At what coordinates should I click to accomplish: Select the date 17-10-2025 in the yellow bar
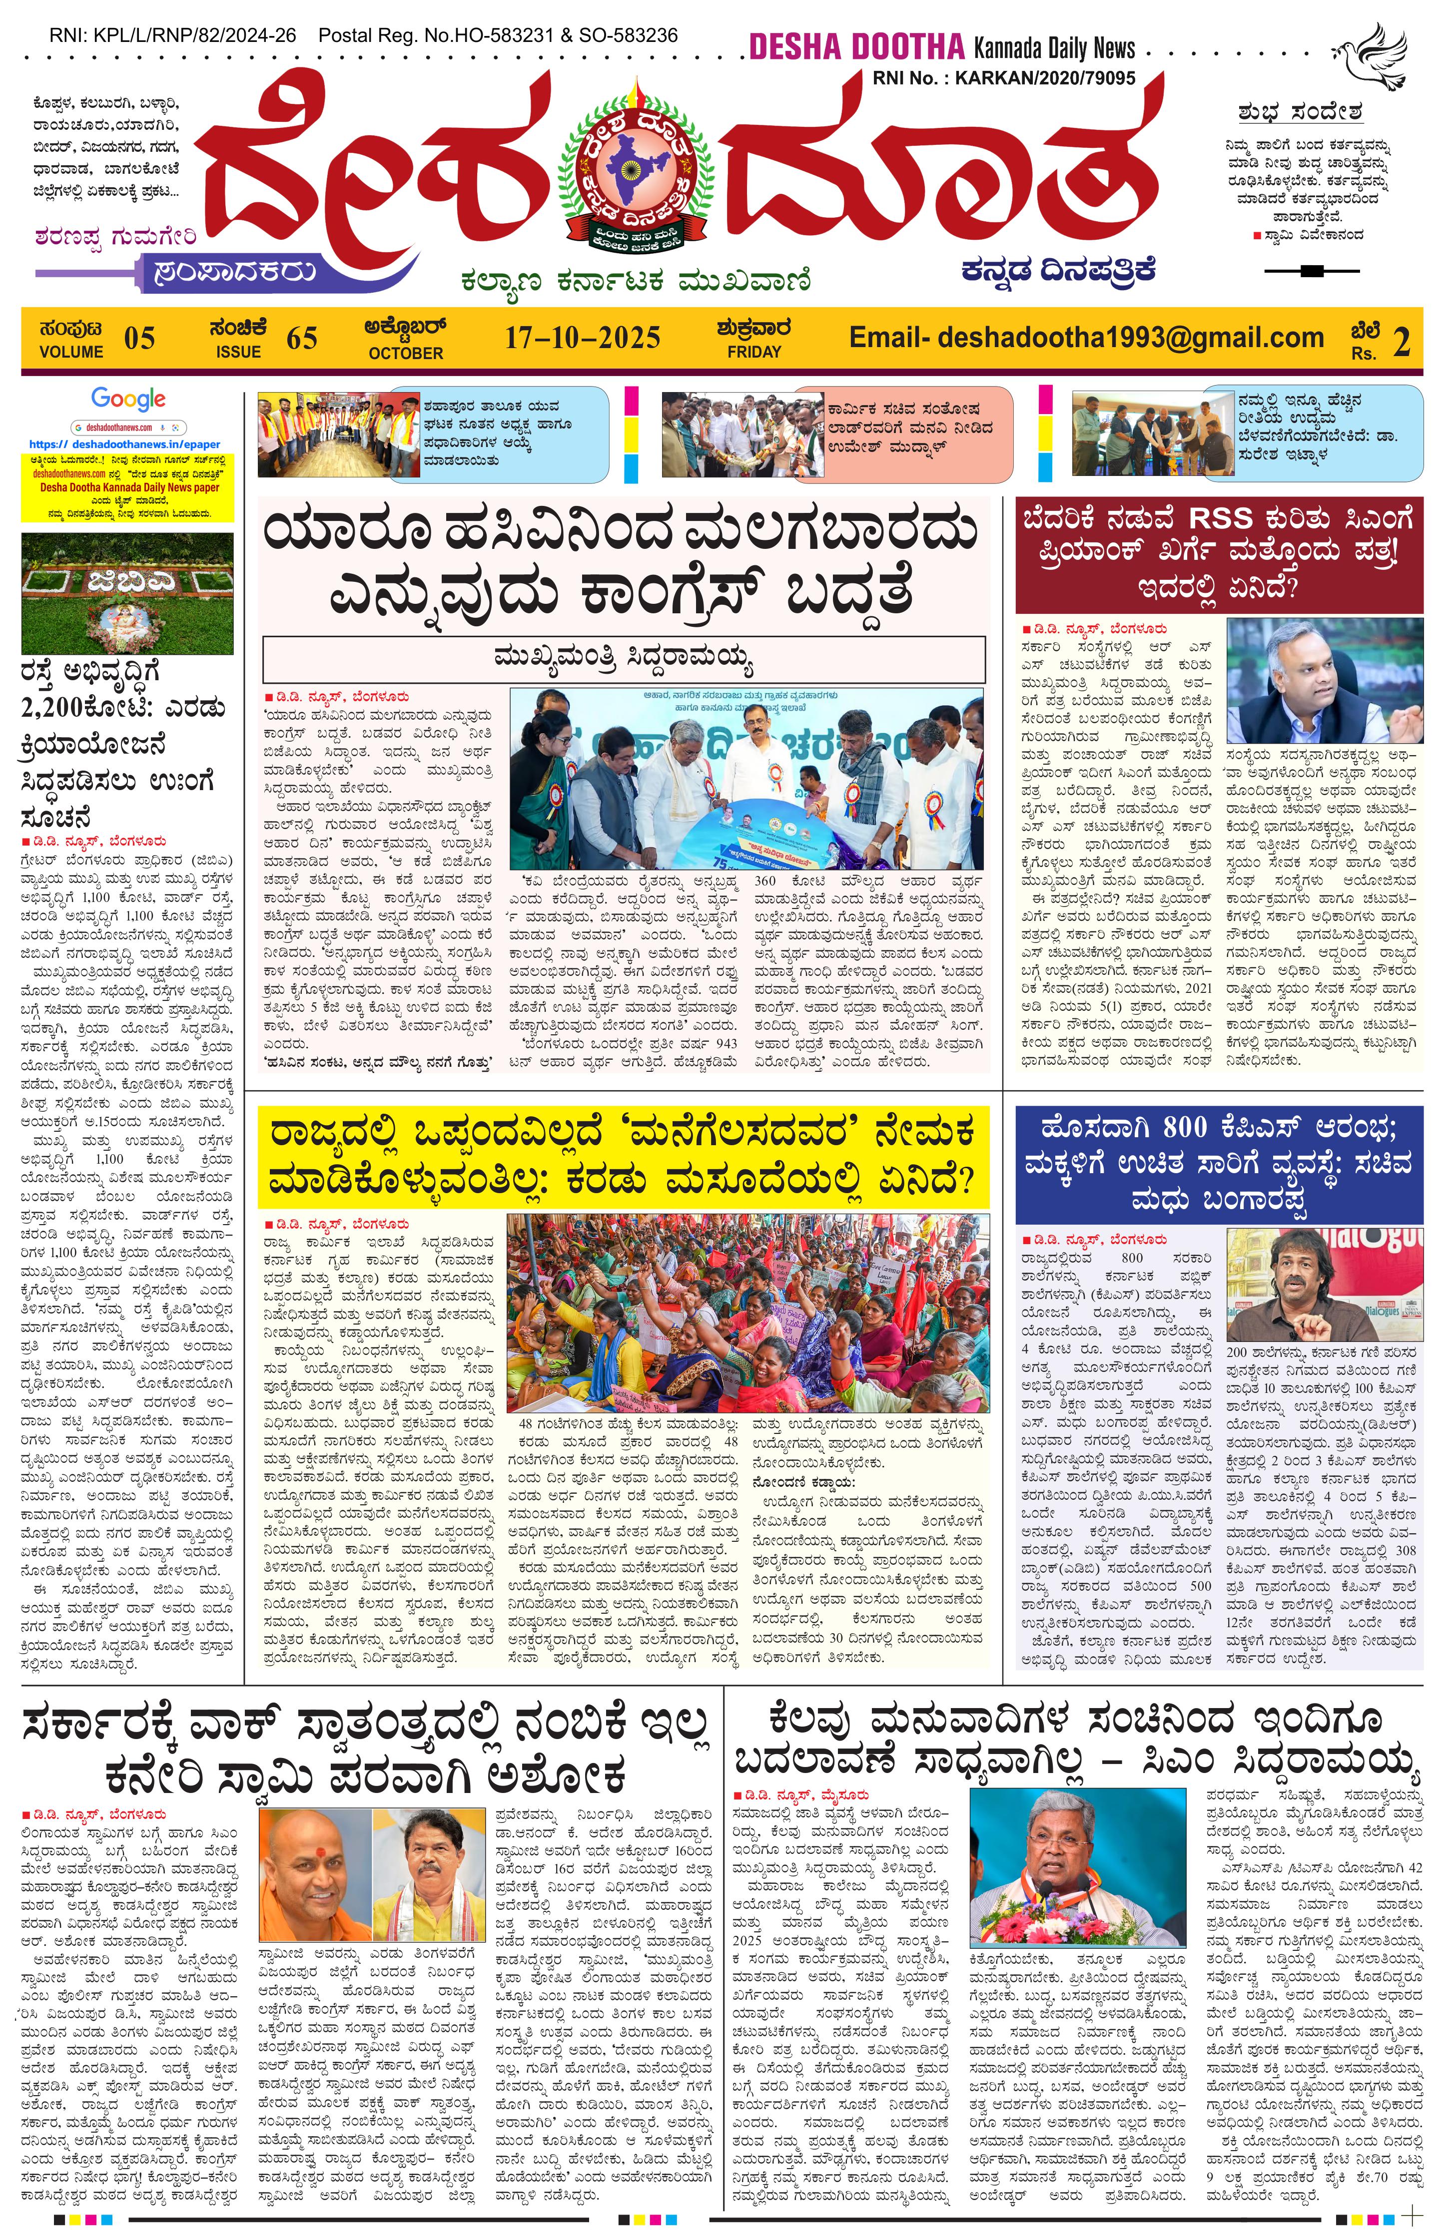click(x=582, y=337)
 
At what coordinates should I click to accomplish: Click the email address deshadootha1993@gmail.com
click(x=1086, y=337)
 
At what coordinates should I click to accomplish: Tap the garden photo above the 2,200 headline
click(x=127, y=593)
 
